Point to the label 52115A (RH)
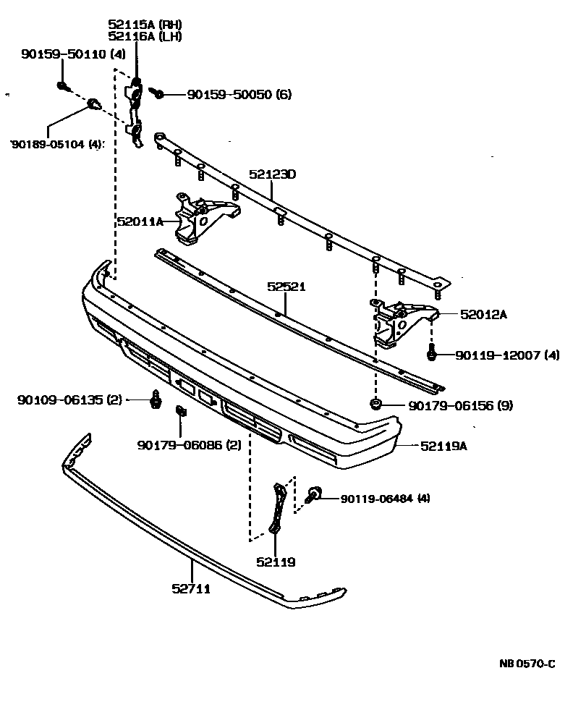(144, 23)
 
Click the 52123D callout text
(273, 174)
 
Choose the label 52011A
(140, 222)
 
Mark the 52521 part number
(286, 287)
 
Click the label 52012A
(483, 314)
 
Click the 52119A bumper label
(443, 446)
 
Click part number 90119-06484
(375, 498)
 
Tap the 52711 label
(192, 588)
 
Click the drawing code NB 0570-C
(526, 664)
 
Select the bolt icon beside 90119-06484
(313, 496)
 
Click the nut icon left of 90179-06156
(375, 405)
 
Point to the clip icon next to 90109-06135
(155, 399)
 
